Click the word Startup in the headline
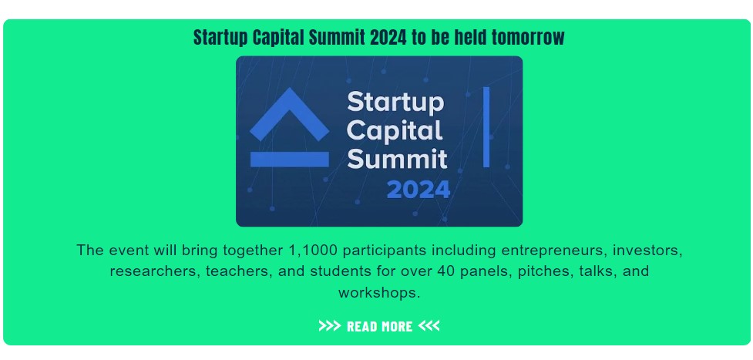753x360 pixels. pos(221,38)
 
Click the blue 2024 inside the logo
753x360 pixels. pos(419,190)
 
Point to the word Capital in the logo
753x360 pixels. pos(395,132)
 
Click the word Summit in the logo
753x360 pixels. pos(397,159)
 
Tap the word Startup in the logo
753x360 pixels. pos(395,103)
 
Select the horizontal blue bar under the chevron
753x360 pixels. pos(290,159)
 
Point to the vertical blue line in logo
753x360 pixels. pos(486,127)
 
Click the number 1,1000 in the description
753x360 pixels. pos(313,251)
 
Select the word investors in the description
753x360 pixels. pos(648,251)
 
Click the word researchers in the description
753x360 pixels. pos(155,271)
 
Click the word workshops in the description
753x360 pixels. pos(379,293)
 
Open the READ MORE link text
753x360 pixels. pos(379,326)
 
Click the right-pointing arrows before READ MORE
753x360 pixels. pos(329,326)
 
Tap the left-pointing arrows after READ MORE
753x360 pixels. pos(429,326)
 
